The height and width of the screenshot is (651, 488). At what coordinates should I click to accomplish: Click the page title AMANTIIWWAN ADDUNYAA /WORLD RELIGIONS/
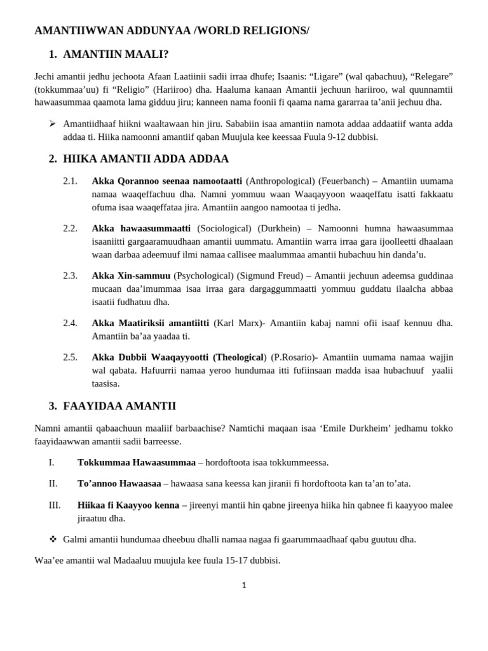pyautogui.click(x=172, y=31)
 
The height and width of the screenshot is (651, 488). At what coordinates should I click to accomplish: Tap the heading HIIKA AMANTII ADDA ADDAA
pyautogui.click(x=146, y=158)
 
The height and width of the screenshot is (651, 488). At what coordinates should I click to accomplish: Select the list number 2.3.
pyautogui.click(x=70, y=275)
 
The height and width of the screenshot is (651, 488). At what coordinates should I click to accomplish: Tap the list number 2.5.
pyautogui.click(x=70, y=357)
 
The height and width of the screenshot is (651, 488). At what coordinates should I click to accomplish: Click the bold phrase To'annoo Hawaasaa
pyautogui.click(x=119, y=483)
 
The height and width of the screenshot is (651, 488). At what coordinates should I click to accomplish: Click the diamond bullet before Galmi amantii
pyautogui.click(x=53, y=539)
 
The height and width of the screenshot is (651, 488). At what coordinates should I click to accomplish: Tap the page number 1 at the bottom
pyautogui.click(x=244, y=586)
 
